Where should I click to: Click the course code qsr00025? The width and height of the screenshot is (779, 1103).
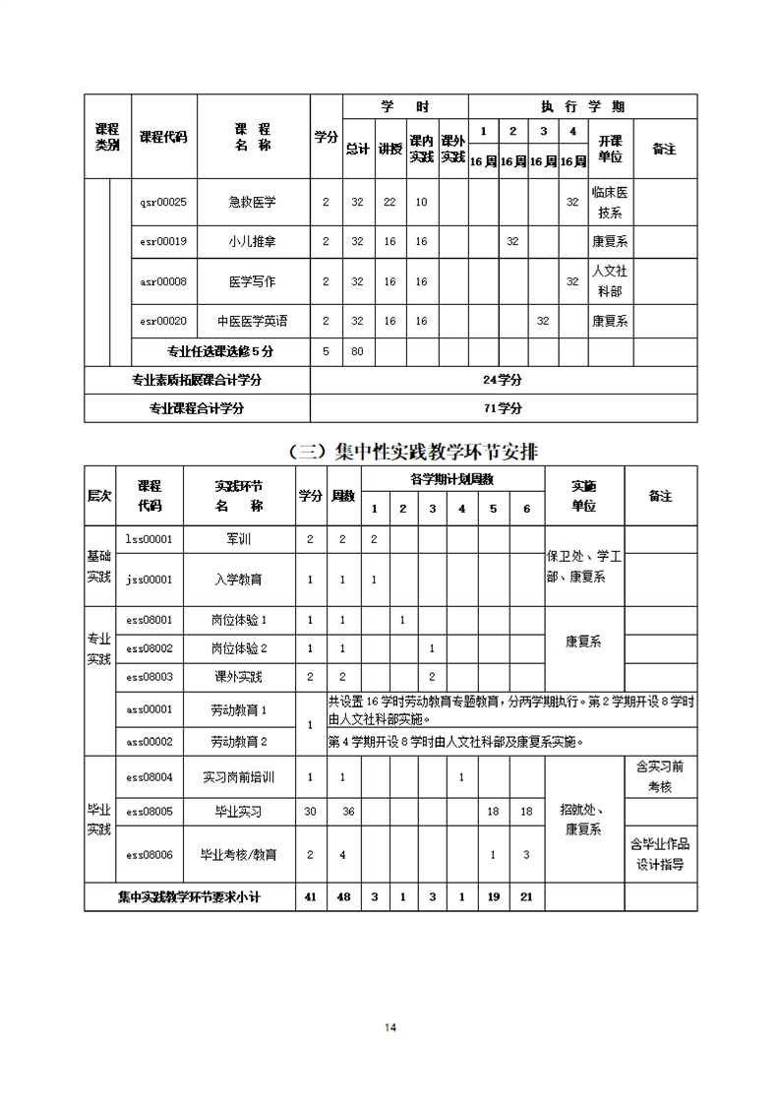pyautogui.click(x=163, y=202)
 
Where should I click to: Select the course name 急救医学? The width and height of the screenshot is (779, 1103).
pyautogui.click(x=253, y=202)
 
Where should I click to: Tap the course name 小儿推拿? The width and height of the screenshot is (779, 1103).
pyautogui.click(x=253, y=241)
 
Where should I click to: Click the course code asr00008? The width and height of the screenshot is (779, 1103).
pyautogui.click(x=163, y=281)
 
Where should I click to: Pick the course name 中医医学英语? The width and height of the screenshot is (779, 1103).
pyautogui.click(x=253, y=321)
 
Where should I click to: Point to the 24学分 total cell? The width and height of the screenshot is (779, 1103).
pyautogui.click(x=503, y=380)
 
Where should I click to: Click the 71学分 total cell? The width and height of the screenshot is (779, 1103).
pyautogui.click(x=503, y=408)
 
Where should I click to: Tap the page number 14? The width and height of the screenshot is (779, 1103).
pyautogui.click(x=389, y=1028)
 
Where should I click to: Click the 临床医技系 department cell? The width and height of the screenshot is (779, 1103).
pyautogui.click(x=610, y=202)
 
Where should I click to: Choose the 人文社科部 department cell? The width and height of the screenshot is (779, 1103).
pyautogui.click(x=610, y=281)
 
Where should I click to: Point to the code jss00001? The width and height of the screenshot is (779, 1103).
pyautogui.click(x=150, y=580)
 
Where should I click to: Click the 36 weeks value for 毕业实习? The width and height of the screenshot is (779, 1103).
pyautogui.click(x=347, y=812)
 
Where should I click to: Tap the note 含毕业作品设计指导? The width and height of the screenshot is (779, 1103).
pyautogui.click(x=660, y=854)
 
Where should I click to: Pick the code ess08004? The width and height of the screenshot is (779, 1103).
pyautogui.click(x=150, y=776)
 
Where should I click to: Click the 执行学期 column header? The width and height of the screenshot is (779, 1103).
pyautogui.click(x=582, y=106)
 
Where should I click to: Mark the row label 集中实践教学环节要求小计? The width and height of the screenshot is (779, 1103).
pyautogui.click(x=190, y=896)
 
